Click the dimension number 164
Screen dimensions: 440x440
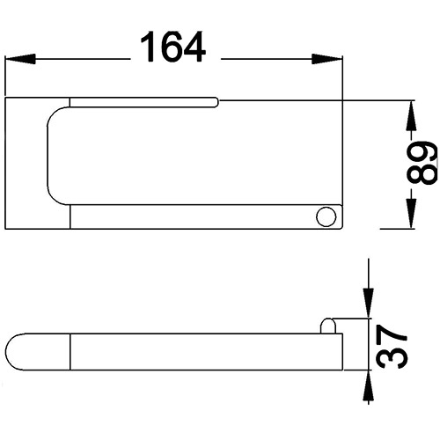(x=173, y=47)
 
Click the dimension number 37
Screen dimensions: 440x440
(x=392, y=346)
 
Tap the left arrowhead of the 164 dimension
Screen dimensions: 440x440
(x=20, y=59)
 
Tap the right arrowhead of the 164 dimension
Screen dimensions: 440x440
(x=327, y=59)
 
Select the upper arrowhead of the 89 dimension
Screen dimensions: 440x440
(x=411, y=115)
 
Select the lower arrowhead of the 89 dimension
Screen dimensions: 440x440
(x=411, y=213)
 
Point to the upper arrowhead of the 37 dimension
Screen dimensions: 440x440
(x=369, y=303)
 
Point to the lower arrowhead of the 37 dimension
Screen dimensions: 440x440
(x=369, y=385)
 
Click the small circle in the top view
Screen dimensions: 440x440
(x=326, y=216)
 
